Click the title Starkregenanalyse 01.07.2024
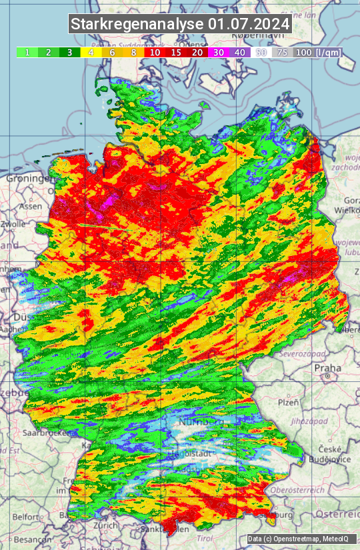coord(180,25)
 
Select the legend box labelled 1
coord(27,52)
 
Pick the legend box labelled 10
coord(154,52)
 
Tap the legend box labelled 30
coord(218,52)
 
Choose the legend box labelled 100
coord(303,52)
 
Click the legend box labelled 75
coord(282,52)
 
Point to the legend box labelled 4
coord(91,52)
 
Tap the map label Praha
coord(327,368)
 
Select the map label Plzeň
coord(287,402)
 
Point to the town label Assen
coord(30,207)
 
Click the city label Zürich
coord(106,525)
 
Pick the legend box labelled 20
coord(197,52)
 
